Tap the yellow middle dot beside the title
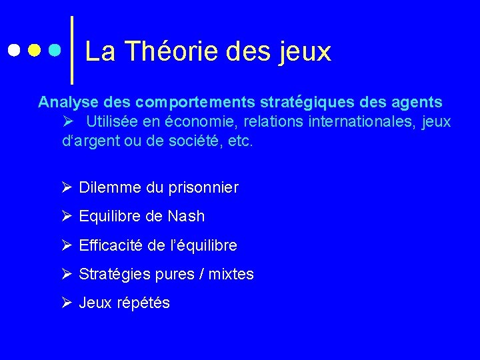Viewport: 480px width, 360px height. pyautogui.click(x=35, y=50)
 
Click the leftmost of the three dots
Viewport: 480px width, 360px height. pyautogui.click(x=14, y=50)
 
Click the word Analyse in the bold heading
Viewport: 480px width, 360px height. pyautogui.click(x=65, y=102)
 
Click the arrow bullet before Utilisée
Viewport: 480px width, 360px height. pyautogui.click(x=67, y=121)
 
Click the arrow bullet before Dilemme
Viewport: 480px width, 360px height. pyautogui.click(x=67, y=187)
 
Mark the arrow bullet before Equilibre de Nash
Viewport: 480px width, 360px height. pyautogui.click(x=67, y=215)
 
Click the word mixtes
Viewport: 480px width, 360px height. pyautogui.click(x=231, y=274)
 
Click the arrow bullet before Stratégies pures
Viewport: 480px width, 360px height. pyautogui.click(x=67, y=273)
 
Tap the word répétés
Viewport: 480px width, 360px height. pyautogui.click(x=143, y=303)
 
